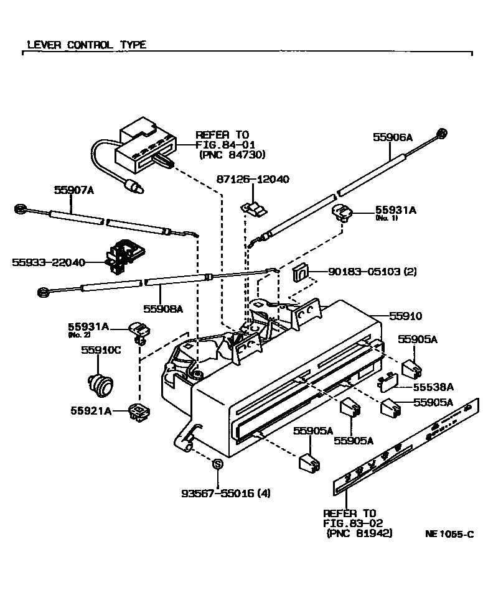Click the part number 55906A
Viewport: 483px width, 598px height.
point(393,137)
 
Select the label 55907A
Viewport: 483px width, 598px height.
point(73,191)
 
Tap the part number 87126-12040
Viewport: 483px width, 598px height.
point(253,180)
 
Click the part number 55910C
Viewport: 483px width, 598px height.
point(100,350)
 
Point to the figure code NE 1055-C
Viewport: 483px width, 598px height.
point(449,533)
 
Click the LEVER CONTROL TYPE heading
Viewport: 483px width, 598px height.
point(87,45)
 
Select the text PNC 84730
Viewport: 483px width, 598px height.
point(232,155)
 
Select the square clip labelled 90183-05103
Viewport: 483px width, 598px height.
point(299,272)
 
